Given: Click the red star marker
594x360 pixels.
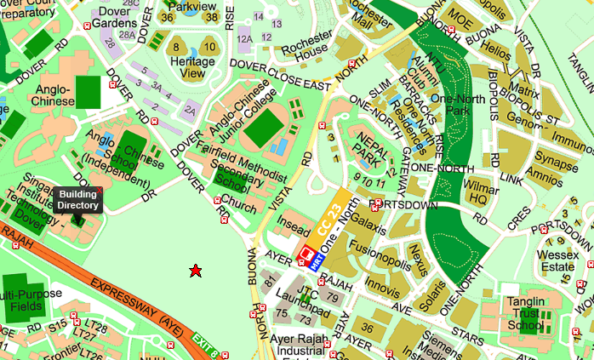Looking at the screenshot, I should click(195, 271).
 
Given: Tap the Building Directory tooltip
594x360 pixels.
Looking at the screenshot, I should click(77, 200).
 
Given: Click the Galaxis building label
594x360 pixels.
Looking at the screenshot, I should click(368, 222).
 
